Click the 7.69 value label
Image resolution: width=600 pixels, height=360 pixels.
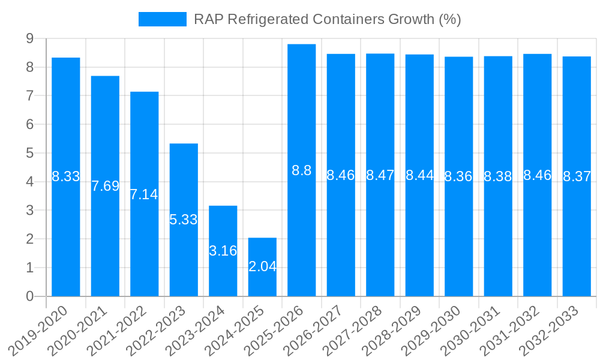tap(105, 186)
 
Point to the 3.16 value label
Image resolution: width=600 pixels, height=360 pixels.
tap(223, 251)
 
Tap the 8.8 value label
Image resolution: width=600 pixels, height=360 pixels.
tap(302, 170)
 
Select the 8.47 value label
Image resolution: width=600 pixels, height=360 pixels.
tap(380, 175)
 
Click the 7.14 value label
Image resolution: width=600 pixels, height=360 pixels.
tap(144, 194)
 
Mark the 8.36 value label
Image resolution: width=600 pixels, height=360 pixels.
tap(458, 176)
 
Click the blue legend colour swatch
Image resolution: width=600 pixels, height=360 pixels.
tap(163, 19)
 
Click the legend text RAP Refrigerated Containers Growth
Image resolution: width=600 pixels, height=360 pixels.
tap(327, 19)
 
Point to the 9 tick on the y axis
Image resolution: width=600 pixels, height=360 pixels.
tap(29, 38)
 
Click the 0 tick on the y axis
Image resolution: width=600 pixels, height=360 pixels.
tap(29, 296)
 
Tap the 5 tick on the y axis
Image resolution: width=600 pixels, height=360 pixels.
tap(29, 153)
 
